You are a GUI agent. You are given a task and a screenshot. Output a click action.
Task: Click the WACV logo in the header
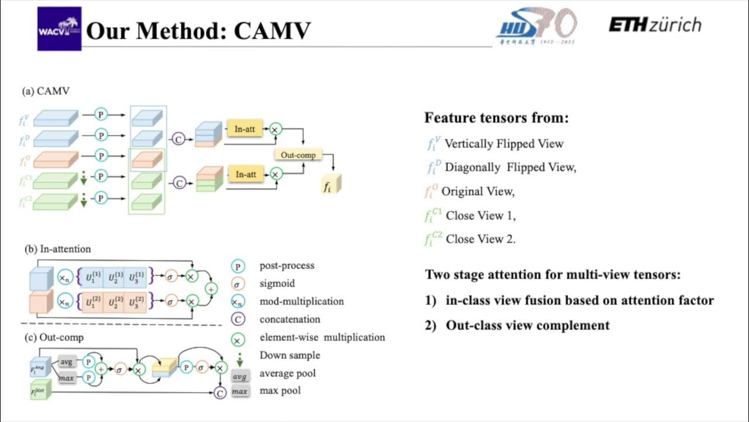pos(59,29)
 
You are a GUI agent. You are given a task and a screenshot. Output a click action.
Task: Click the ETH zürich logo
pos(654,25)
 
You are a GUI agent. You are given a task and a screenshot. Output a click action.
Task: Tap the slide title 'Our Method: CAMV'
pos(198,31)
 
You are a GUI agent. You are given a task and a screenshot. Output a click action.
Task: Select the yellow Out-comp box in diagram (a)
pos(298,155)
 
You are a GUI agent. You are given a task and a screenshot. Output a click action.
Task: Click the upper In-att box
pos(245,129)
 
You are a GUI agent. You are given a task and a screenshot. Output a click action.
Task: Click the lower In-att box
pos(245,174)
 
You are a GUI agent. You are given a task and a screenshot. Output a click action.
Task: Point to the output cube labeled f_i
pos(331,185)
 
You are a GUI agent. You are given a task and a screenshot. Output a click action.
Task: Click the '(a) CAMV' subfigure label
pos(46,91)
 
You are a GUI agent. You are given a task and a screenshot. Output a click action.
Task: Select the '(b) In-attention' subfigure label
pos(57,249)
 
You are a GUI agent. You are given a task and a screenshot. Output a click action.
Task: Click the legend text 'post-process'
pos(287,266)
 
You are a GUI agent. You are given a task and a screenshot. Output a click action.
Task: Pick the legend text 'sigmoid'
pos(277,284)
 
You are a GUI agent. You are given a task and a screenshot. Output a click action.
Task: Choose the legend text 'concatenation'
pos(290,319)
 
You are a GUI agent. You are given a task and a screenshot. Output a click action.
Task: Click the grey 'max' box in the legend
pos(239,391)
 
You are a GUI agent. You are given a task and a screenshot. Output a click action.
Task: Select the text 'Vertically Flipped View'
pos(504,144)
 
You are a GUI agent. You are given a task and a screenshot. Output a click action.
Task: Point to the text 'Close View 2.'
pos(480,239)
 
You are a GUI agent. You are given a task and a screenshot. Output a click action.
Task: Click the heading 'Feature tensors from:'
pos(496,118)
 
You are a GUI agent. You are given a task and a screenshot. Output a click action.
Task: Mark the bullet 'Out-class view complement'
pos(527,325)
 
